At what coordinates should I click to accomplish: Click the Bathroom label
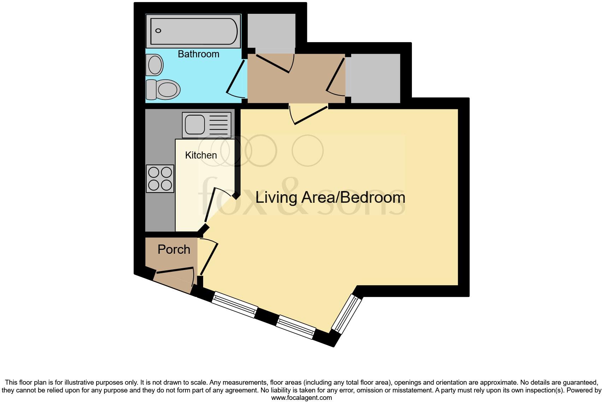click(x=198, y=54)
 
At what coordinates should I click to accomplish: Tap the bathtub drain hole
click(x=158, y=31)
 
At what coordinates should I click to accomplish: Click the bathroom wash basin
click(x=155, y=65)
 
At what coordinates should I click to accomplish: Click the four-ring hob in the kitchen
click(x=160, y=179)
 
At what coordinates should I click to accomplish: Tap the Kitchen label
click(x=201, y=155)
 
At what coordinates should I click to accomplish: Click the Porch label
click(x=174, y=249)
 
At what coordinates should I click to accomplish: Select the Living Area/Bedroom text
click(x=330, y=197)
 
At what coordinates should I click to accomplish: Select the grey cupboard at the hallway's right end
click(x=375, y=79)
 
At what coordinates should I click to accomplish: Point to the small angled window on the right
click(x=347, y=314)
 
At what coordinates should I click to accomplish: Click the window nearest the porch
click(x=234, y=304)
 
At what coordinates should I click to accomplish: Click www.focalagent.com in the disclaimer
click(x=301, y=398)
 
